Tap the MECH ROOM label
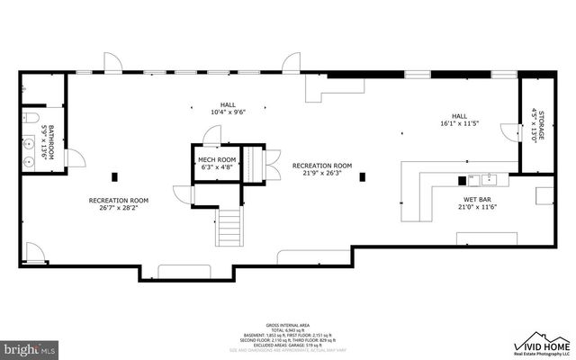[216, 160]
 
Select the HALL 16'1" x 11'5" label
[459, 120]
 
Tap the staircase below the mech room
[229, 226]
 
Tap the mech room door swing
[211, 135]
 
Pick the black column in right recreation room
[361, 175]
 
